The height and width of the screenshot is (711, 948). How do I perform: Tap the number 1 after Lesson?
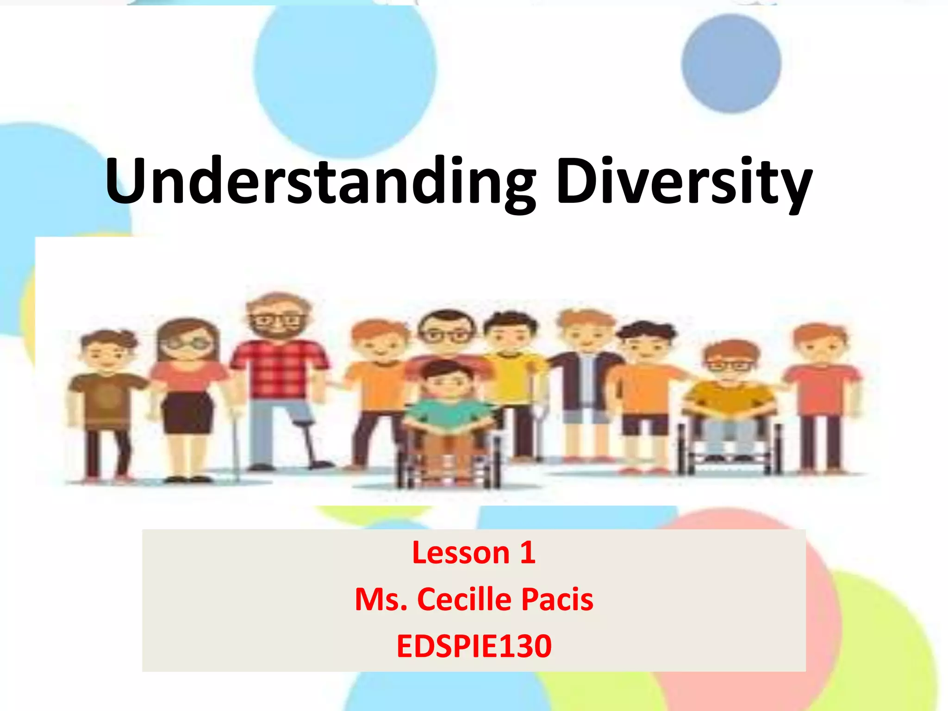click(x=527, y=552)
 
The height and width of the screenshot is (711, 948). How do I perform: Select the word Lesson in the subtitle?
click(x=461, y=553)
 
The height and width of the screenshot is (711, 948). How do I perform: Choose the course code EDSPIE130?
click(x=474, y=646)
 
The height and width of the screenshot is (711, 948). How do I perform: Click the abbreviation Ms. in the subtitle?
click(x=381, y=599)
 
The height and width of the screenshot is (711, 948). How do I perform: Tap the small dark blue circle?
click(x=731, y=63)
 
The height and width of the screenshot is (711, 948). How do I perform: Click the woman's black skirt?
click(x=187, y=412)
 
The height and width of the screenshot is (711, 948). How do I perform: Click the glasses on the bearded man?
click(x=276, y=320)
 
